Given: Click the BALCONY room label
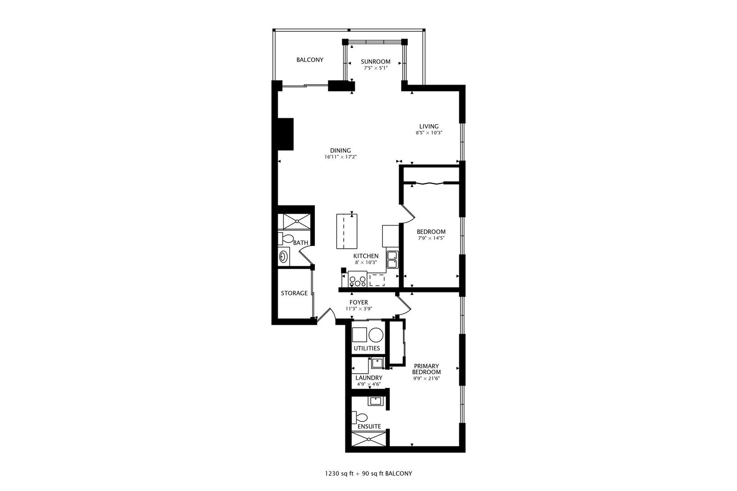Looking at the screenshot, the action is [310, 60].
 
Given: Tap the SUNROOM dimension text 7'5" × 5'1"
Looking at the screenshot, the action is [376, 68].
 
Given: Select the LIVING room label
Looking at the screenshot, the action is [429, 126].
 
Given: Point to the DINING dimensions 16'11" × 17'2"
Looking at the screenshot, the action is [341, 157].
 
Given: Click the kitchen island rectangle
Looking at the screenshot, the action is [347, 231].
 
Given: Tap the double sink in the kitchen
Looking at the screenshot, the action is [392, 260].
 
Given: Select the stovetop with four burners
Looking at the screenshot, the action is [357, 279].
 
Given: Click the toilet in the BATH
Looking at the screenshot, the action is [286, 238].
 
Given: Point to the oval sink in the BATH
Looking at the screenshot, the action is [283, 256].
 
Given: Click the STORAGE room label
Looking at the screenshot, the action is [294, 293].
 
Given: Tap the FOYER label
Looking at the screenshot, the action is [358, 302].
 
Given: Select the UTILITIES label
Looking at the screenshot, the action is [367, 348].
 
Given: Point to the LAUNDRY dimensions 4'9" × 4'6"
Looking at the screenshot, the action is [368, 384].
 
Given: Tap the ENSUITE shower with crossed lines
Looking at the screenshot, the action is [368, 439].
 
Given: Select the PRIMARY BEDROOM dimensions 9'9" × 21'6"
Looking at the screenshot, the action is [426, 379].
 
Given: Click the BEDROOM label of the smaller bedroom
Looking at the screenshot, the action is [431, 231].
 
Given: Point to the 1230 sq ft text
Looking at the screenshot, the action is [339, 474].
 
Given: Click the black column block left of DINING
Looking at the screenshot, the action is [286, 134].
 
